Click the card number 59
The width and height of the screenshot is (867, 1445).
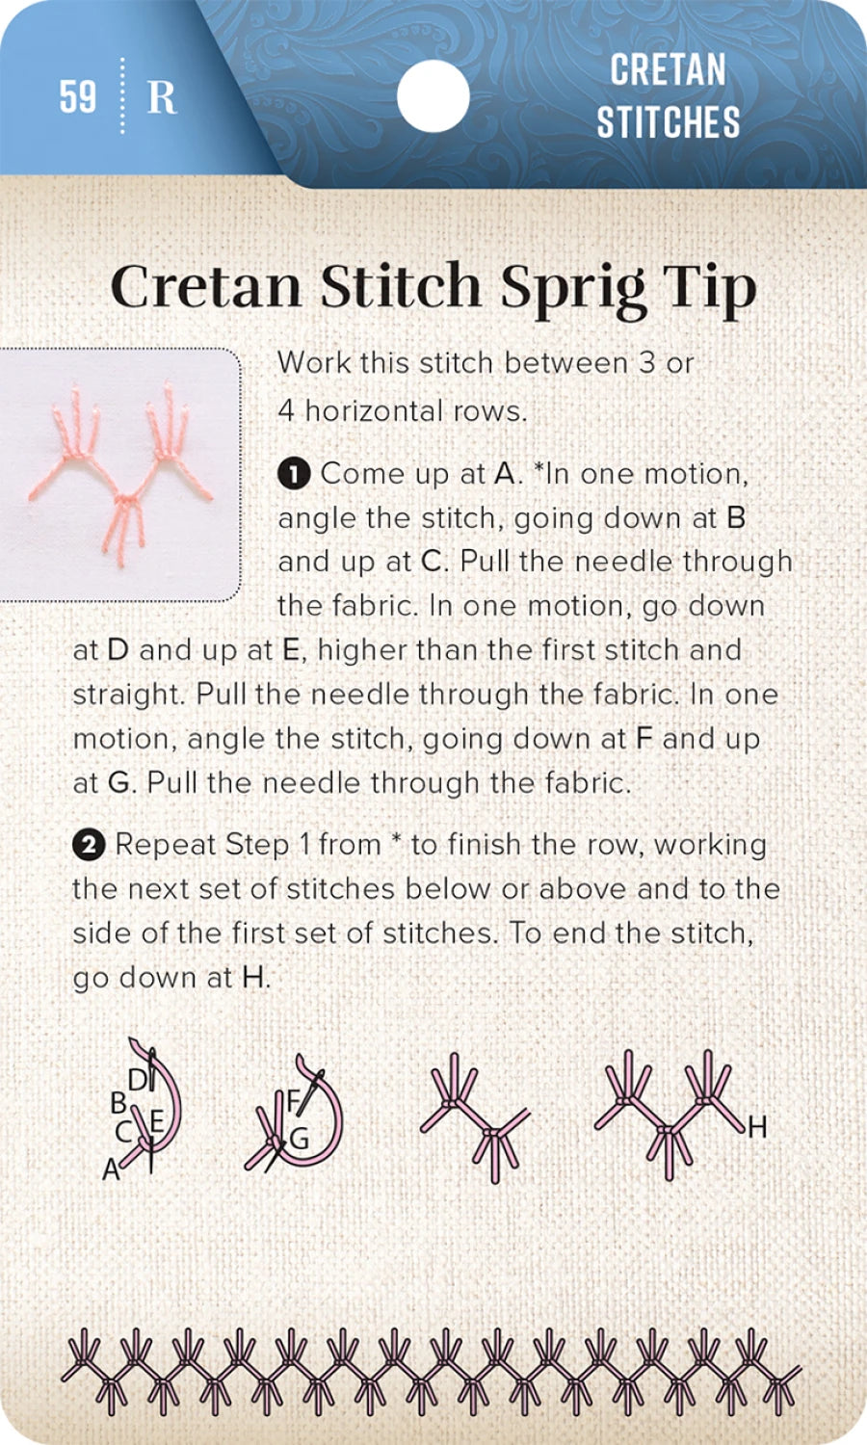(x=78, y=96)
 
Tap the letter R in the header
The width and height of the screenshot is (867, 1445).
(x=161, y=97)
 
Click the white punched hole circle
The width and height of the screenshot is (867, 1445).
(x=433, y=96)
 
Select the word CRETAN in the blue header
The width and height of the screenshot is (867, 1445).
(x=668, y=70)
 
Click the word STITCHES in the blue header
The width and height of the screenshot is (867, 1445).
(x=668, y=122)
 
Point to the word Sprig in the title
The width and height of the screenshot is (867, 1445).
(x=572, y=288)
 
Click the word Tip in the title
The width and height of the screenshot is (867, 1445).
(x=709, y=288)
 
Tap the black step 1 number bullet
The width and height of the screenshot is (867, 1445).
(x=294, y=474)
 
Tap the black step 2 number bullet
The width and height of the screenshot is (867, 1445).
(x=88, y=845)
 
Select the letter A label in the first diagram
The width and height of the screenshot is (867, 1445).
(x=111, y=1169)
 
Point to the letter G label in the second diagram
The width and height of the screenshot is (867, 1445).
(x=300, y=1140)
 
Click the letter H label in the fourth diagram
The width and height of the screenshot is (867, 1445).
(x=757, y=1126)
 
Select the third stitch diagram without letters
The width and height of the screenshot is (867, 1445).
(x=475, y=1117)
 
